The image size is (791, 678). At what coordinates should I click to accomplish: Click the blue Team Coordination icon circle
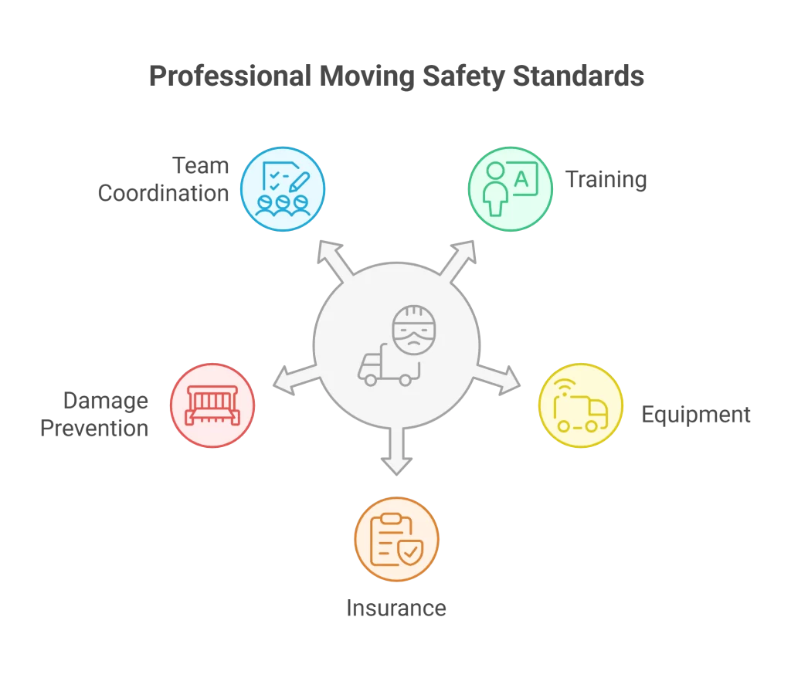point(282,189)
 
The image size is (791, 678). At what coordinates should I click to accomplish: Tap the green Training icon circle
point(511,189)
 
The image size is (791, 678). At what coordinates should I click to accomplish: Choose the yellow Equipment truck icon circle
point(580,405)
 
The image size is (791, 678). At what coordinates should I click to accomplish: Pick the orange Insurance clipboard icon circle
point(396,539)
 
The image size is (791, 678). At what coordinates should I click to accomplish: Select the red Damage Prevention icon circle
point(212,405)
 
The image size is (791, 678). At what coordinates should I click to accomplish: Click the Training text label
point(606,180)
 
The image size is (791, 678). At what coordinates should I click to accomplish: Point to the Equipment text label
point(695,415)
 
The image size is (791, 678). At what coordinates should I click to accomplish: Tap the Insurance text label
point(396,608)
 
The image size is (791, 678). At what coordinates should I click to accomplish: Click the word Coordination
point(164,193)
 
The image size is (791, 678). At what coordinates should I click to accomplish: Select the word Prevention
point(94,428)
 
